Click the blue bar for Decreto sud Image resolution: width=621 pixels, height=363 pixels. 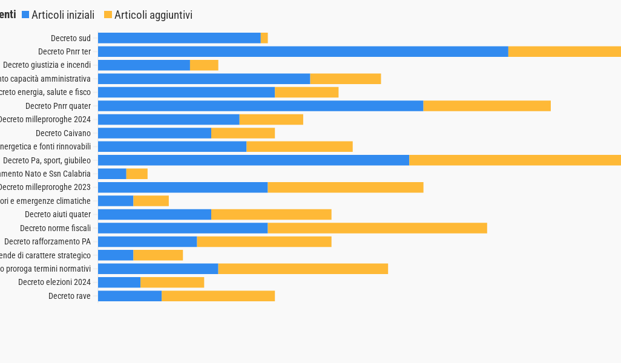(179, 38)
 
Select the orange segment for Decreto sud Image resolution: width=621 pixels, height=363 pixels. (264, 38)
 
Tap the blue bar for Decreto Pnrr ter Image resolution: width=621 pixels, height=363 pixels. (303, 51)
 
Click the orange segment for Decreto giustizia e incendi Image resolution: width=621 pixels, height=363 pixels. (204, 65)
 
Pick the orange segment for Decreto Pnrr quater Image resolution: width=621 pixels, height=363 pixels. (487, 106)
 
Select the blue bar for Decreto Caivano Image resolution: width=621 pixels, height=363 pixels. (154, 133)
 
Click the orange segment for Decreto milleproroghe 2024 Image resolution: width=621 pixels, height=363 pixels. (271, 120)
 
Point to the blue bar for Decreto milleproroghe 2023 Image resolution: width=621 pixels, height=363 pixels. (183, 188)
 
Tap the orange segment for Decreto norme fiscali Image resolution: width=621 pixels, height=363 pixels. (377, 228)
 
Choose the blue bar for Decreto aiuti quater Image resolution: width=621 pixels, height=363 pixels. (154, 215)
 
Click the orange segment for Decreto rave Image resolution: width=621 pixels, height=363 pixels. (218, 296)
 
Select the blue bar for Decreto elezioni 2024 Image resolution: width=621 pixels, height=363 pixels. (119, 283)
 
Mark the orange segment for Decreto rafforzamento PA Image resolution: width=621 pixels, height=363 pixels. (264, 242)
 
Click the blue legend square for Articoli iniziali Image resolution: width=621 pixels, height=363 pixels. (25, 15)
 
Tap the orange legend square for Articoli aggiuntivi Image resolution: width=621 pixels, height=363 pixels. (108, 15)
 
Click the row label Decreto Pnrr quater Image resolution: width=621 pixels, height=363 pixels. (58, 106)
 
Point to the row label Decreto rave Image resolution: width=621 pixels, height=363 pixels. (70, 296)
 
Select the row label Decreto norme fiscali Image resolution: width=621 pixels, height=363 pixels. (55, 228)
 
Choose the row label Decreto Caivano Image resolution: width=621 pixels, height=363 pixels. (63, 133)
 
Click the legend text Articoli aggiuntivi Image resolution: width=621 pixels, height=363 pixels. (153, 15)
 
